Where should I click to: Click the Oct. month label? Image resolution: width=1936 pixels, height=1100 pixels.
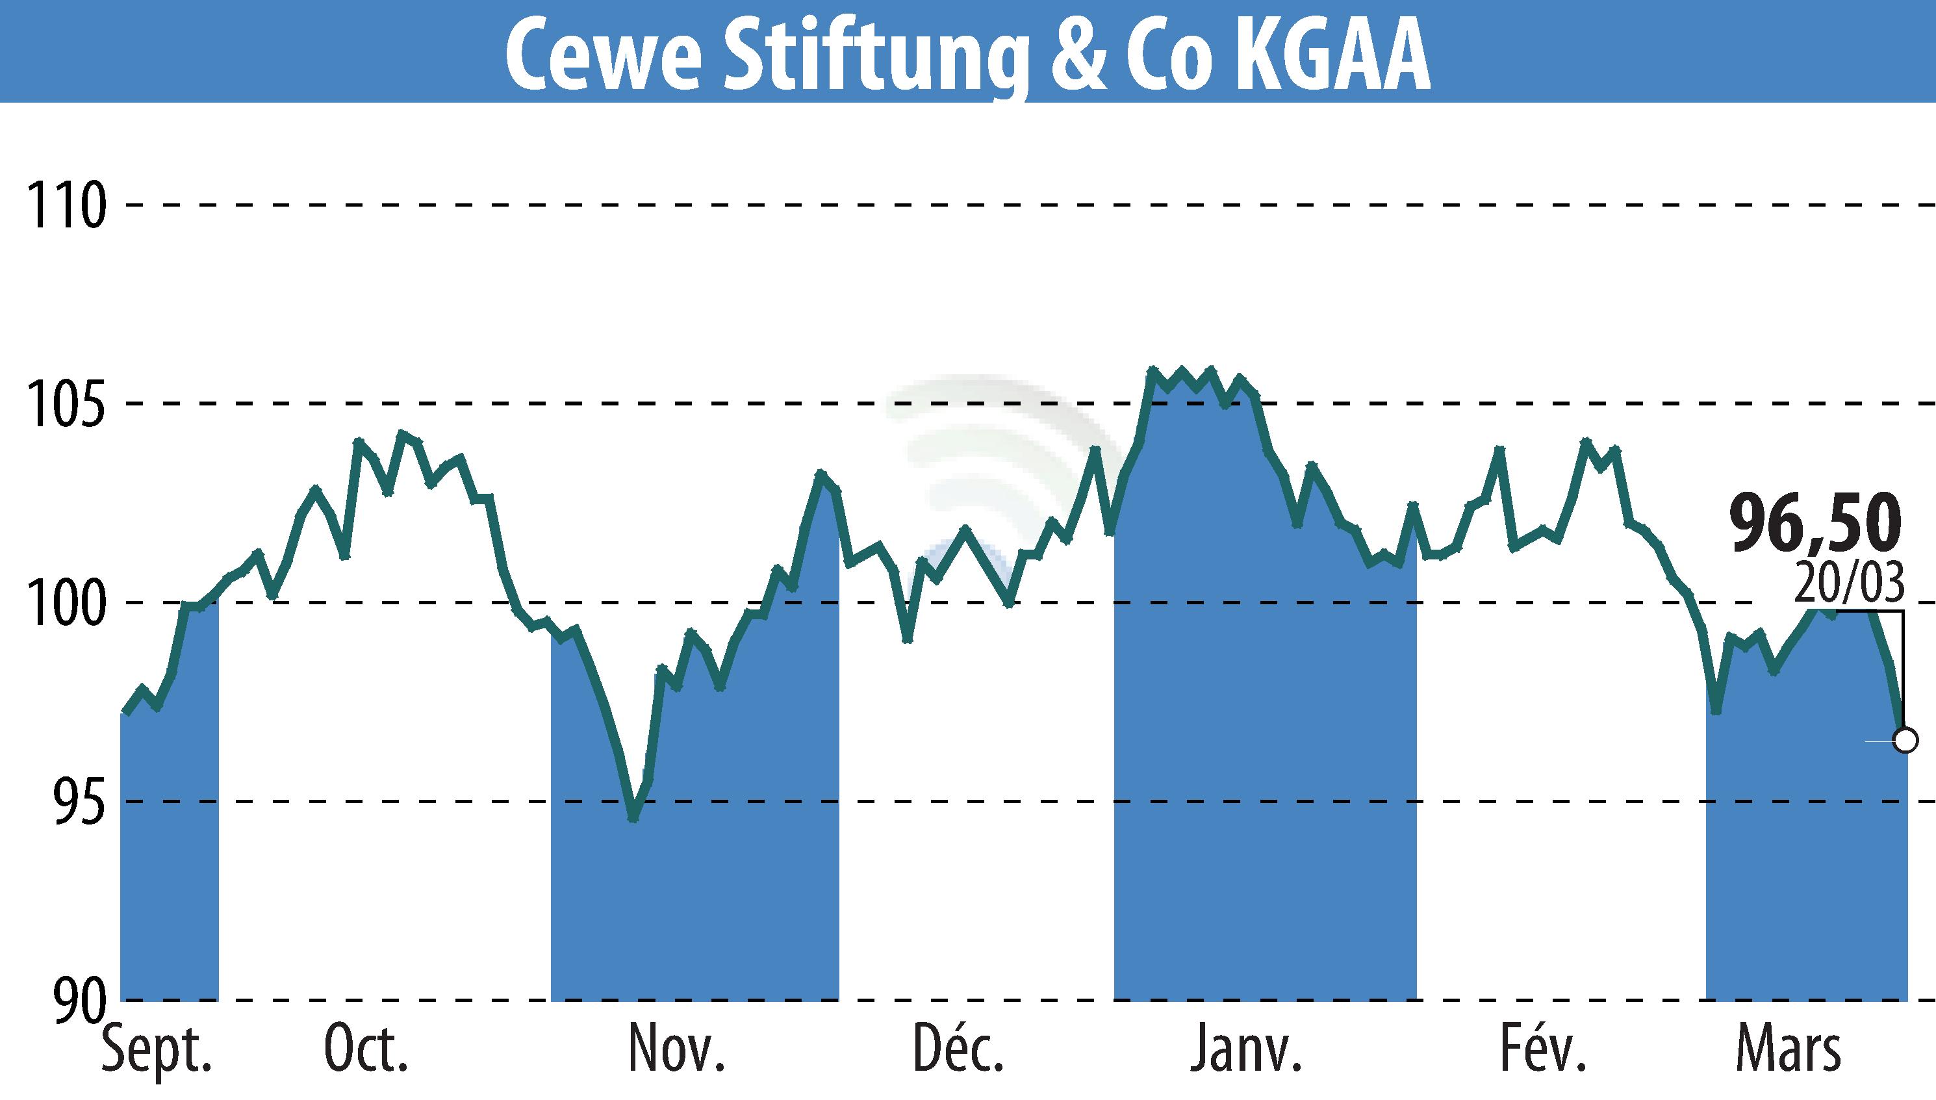click(x=366, y=1050)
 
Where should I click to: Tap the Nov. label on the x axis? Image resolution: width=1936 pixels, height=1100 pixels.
click(x=677, y=1050)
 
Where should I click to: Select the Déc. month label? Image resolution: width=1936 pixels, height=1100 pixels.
click(x=958, y=1050)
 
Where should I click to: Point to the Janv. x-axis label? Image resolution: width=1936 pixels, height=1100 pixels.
click(x=1246, y=1050)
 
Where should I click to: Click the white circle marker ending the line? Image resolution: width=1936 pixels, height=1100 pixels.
click(x=1905, y=741)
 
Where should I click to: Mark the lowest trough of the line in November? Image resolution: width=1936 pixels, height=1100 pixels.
click(x=633, y=818)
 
